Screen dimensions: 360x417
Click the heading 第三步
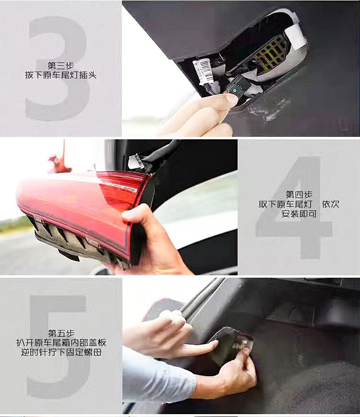61,65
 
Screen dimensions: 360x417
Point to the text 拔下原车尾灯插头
60,75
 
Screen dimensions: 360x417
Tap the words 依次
331,204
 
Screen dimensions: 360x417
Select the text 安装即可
299,214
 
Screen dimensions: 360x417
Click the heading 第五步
61,333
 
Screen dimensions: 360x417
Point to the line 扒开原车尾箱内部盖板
61,343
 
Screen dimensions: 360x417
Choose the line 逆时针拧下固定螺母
61,352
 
